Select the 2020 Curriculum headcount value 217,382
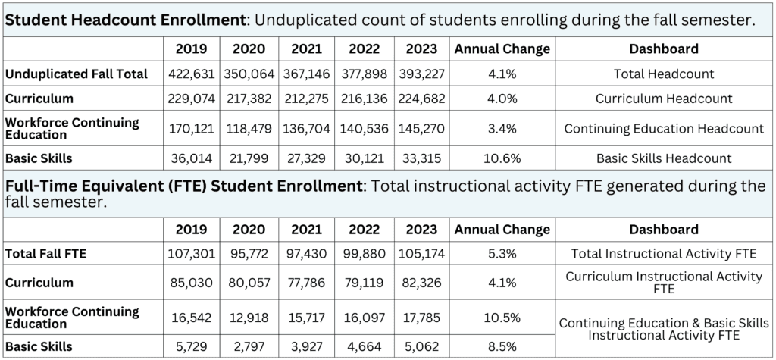click(249, 99)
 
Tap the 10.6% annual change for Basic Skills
click(501, 158)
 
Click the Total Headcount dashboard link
click(663, 74)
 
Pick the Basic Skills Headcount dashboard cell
click(663, 158)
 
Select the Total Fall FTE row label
click(46, 253)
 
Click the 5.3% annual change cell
click(501, 253)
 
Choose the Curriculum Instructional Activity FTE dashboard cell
click(663, 282)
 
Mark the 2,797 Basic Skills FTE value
click(249, 346)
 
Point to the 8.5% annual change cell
click(501, 346)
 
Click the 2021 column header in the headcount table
click(305, 49)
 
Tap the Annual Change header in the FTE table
click(501, 229)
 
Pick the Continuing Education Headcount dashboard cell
click(663, 128)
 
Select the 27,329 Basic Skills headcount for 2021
click(305, 158)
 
